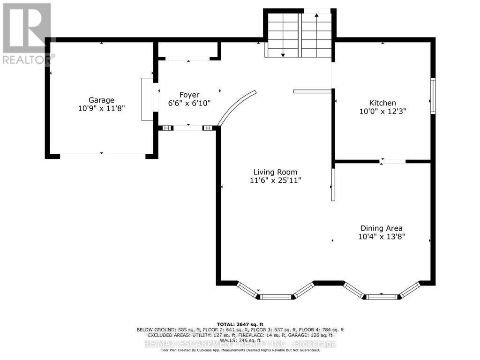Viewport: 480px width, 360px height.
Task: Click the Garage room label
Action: [x=102, y=100]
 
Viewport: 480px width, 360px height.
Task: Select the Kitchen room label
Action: [x=382, y=103]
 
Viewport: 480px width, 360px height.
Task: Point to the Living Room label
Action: [x=275, y=172]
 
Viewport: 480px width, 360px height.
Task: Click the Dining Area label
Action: [x=381, y=228]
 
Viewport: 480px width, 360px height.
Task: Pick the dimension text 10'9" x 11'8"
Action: [x=102, y=108]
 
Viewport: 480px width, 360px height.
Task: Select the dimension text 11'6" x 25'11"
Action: [x=275, y=180]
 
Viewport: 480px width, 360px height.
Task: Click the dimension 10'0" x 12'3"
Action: [x=382, y=112]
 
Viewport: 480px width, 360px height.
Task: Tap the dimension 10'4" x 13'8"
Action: [x=381, y=237]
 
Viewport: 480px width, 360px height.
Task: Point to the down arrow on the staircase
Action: [x=283, y=54]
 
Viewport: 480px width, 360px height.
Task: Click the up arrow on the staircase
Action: [x=317, y=16]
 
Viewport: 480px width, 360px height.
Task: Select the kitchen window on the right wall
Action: [x=433, y=96]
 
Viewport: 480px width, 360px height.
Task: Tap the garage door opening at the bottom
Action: [x=102, y=154]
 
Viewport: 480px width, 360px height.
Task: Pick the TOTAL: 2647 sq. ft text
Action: [x=240, y=324]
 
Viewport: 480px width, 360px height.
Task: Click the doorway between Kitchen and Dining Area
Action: [x=392, y=161]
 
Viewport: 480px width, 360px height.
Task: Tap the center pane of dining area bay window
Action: [x=382, y=296]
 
